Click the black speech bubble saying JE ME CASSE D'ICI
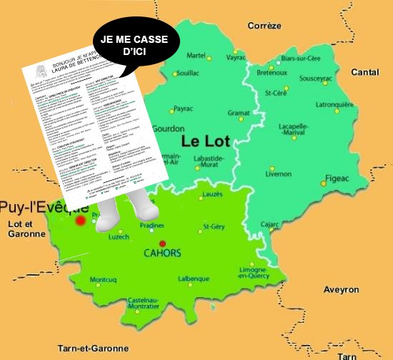pos(133,46)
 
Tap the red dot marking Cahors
pos(163,243)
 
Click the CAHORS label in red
pos(161,254)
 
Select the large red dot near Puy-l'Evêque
pos(81,221)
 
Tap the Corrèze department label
pos(264,26)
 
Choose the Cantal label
pos(365,72)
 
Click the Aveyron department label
pos(341,290)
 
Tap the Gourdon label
pos(169,129)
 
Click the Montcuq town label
pos(104,279)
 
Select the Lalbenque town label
pos(193,279)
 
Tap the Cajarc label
pos(269,224)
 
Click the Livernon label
pos(278,174)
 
